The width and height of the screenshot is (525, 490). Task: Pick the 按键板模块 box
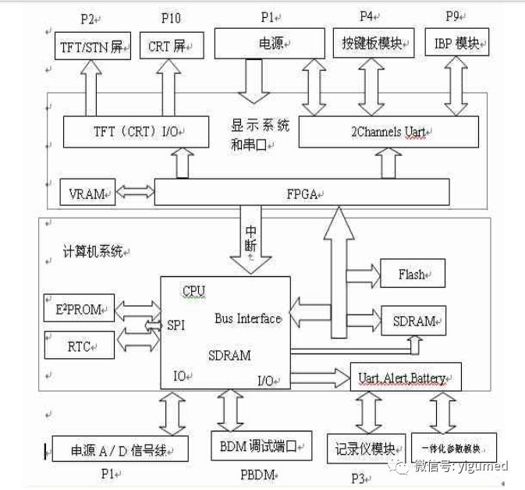[371, 44]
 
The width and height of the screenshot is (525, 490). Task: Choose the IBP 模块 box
[456, 44]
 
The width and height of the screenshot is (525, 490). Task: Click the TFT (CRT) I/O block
[135, 132]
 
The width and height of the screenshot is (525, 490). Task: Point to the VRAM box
[87, 192]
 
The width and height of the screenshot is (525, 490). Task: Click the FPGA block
[302, 192]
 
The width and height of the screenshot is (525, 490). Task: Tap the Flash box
[412, 274]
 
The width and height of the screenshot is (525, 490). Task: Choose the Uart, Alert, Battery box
[406, 378]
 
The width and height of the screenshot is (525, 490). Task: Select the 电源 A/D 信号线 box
[120, 449]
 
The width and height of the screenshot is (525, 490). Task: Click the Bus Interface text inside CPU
[247, 318]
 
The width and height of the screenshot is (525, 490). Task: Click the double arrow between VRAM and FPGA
[134, 191]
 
